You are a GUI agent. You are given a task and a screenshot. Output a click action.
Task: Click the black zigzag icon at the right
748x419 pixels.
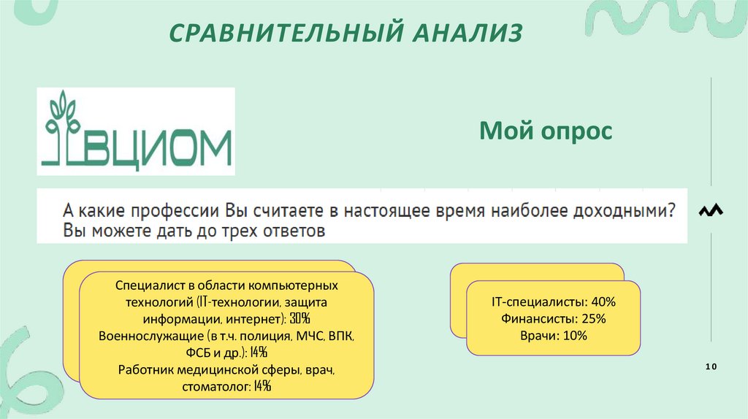pyautogui.click(x=711, y=210)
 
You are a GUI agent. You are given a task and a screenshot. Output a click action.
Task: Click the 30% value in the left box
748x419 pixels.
pyautogui.click(x=299, y=318)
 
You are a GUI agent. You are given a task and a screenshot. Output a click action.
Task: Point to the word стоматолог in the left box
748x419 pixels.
pyautogui.click(x=217, y=387)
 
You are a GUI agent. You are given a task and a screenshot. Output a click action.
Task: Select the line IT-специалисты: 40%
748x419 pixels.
pyautogui.click(x=554, y=301)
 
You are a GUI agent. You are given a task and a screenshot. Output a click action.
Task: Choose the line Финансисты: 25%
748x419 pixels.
pyautogui.click(x=554, y=318)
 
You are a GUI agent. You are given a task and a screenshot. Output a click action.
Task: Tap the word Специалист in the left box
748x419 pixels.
pyautogui.click(x=144, y=285)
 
